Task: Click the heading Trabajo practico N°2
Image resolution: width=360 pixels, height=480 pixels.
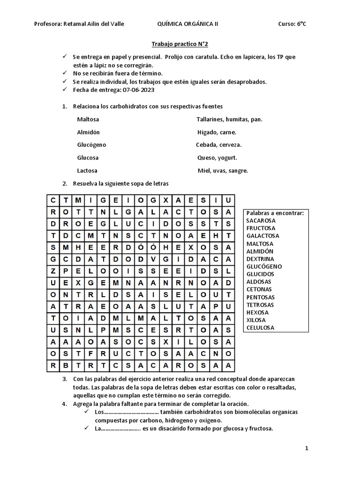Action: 180,44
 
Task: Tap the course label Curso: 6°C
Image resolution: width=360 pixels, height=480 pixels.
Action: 292,24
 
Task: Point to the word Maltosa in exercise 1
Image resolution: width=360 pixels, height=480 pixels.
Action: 88,119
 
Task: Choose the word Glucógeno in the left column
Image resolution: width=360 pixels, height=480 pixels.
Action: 92,145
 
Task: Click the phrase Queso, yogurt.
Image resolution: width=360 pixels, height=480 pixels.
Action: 217,157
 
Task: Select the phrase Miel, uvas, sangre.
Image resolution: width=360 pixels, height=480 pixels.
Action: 223,171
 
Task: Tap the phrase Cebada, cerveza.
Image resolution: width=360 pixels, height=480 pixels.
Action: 219,145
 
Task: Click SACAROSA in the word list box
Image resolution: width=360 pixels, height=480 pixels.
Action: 261,221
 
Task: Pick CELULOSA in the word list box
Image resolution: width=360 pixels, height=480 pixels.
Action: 261,328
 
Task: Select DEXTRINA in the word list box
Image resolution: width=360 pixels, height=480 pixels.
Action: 260,259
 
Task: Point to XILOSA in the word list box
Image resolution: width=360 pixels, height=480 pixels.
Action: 256,320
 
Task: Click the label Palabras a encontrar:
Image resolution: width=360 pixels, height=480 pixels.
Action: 275,213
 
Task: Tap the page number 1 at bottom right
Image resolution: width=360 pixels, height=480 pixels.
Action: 307,449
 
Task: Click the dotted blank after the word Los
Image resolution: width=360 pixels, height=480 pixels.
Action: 130,412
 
